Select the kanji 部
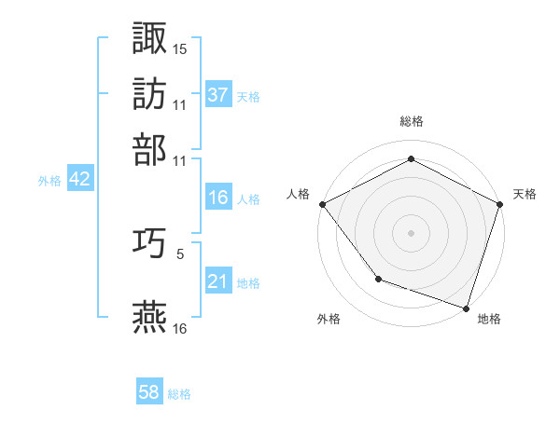150,149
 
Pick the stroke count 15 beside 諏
180,48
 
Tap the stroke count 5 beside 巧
179,253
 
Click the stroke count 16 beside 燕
180,328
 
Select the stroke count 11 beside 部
180,160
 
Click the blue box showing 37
218,95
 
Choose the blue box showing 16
218,198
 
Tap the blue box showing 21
218,281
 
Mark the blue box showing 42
79,180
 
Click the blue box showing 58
149,392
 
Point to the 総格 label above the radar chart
412,121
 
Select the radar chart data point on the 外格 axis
377,279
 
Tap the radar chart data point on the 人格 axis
322,203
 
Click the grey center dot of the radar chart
412,232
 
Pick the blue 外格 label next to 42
49,181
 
